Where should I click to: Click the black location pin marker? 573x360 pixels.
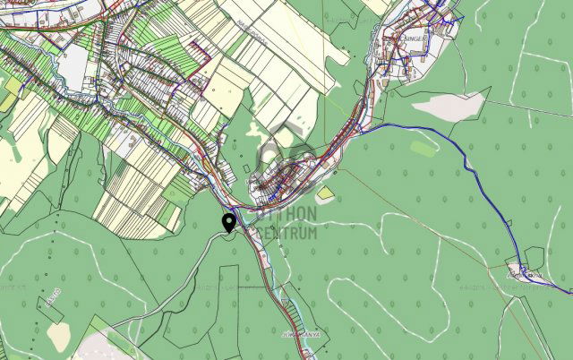tap(228, 223)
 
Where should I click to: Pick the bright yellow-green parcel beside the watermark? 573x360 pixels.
tap(326, 192)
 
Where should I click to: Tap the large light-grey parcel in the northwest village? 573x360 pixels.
tap(76, 63)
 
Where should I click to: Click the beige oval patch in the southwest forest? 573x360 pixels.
tap(59, 337)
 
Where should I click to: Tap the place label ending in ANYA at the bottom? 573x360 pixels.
tap(294, 334)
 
